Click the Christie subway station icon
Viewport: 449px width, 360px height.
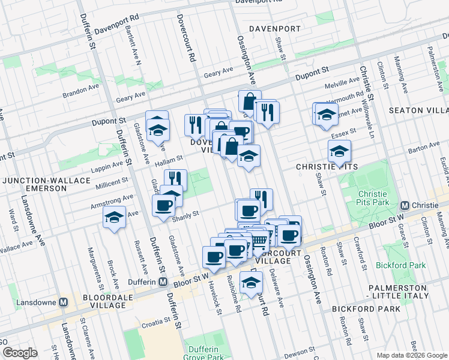coord(405,205)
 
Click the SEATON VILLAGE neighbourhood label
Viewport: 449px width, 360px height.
coord(418,110)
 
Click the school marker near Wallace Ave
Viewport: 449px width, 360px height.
coord(113,217)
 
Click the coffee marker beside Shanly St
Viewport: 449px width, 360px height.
coord(163,205)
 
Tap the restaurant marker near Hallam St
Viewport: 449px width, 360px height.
coord(175,179)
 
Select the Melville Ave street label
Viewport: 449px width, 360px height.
coord(341,83)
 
